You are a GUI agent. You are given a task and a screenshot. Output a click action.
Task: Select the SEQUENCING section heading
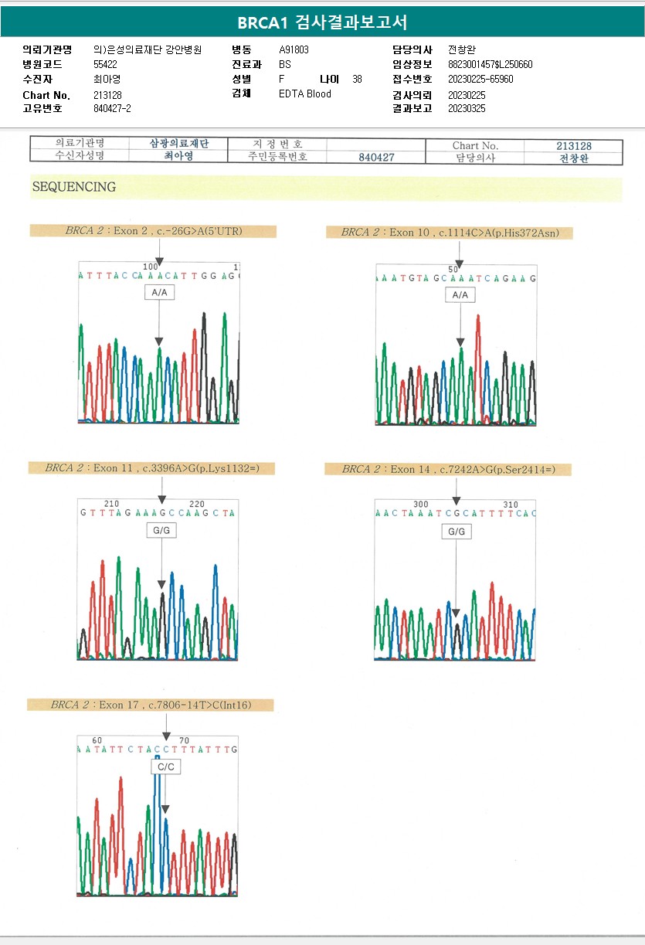[74, 187]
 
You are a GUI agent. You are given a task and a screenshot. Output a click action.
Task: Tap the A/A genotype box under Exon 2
[159, 293]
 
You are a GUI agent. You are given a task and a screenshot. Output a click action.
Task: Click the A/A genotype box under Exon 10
[460, 294]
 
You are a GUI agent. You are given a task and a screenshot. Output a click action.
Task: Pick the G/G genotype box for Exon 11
[161, 531]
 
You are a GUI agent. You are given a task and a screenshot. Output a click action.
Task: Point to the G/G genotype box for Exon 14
[457, 532]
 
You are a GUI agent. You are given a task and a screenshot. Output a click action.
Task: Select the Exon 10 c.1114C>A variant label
[450, 233]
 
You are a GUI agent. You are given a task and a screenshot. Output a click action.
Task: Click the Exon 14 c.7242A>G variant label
[448, 469]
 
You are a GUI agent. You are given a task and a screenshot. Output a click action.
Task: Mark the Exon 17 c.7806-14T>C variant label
[151, 705]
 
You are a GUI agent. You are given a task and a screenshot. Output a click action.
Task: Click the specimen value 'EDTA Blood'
[304, 94]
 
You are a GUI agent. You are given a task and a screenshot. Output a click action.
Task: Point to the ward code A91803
[294, 50]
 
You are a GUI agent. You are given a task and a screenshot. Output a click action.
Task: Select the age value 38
[357, 80]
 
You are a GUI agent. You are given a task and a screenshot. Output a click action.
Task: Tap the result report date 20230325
[467, 109]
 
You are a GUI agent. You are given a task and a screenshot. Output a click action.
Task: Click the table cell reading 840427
[376, 157]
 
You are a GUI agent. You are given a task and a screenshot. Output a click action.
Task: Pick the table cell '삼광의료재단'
[179, 144]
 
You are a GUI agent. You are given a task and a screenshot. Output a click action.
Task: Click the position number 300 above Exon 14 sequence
[421, 505]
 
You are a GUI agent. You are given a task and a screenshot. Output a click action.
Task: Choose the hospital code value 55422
[105, 65]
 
